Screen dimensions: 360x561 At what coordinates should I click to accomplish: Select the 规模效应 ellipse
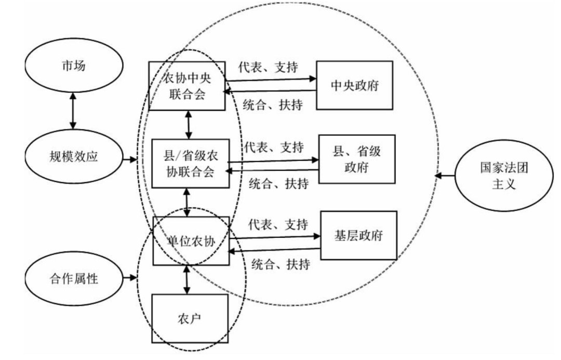point(73,156)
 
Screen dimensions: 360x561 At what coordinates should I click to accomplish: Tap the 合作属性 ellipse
point(73,278)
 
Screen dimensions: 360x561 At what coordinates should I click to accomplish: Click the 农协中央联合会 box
point(187,86)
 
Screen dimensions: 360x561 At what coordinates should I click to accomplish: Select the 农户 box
point(189,318)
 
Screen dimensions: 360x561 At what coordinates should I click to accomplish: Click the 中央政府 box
point(354,85)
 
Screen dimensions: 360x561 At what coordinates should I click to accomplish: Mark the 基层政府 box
point(359,235)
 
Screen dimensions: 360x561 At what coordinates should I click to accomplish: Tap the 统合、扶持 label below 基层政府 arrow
point(280,264)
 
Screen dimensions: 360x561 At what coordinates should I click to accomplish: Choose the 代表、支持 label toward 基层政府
point(278,224)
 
